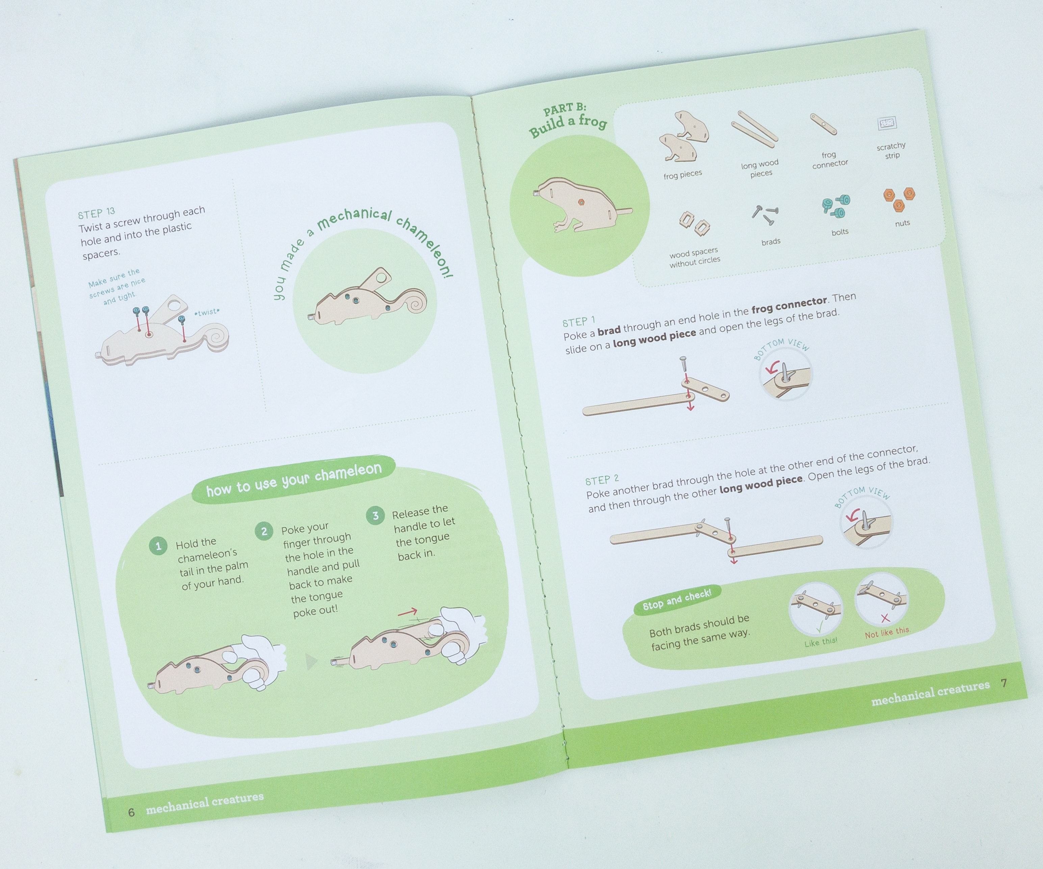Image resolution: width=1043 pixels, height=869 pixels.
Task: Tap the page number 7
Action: pyautogui.click(x=1004, y=684)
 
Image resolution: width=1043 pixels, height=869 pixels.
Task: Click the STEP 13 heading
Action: pyautogui.click(x=96, y=213)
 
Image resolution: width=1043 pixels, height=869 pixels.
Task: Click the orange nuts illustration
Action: pyautogui.click(x=899, y=199)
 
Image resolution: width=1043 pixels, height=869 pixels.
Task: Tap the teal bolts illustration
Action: pyautogui.click(x=836, y=207)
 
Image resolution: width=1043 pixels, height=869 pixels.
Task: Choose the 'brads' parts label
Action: pyautogui.click(x=771, y=242)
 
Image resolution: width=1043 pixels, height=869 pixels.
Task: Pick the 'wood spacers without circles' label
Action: pyautogui.click(x=694, y=258)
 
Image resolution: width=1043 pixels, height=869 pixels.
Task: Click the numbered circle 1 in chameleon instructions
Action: pyautogui.click(x=158, y=546)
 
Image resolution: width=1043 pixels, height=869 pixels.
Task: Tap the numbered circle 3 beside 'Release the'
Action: pyautogui.click(x=376, y=515)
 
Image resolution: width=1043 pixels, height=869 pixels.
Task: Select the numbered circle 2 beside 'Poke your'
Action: pyautogui.click(x=264, y=531)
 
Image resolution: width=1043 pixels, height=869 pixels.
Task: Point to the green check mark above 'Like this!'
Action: pyautogui.click(x=819, y=628)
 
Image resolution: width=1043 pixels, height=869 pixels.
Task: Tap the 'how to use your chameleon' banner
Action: pyautogui.click(x=294, y=479)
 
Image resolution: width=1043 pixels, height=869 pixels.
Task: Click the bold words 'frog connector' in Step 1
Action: pyautogui.click(x=789, y=306)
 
